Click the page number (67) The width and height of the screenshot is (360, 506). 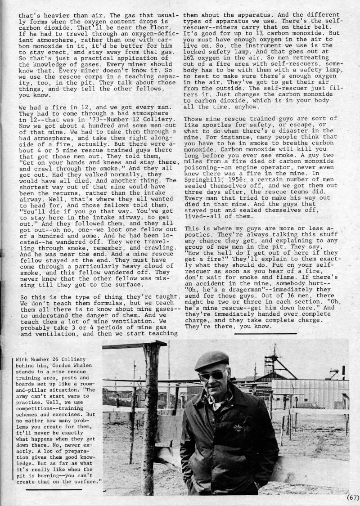tap(352, 497)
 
